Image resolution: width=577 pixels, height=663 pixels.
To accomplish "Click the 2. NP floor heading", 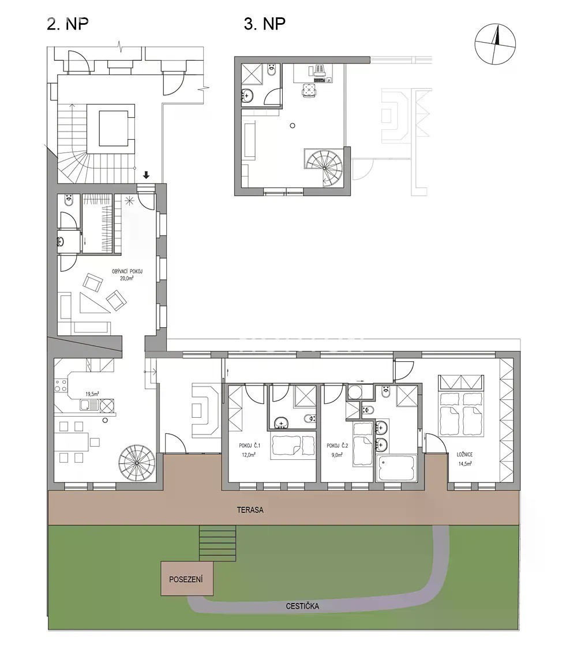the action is (68, 24).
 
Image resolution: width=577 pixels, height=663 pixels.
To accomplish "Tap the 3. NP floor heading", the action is (265, 24).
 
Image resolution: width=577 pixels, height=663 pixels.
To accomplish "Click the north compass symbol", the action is (495, 44).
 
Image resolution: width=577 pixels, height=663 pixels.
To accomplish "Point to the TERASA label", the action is (250, 510).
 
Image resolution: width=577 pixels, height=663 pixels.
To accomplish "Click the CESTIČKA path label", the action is (302, 606).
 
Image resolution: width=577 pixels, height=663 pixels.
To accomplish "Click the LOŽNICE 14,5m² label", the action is (464, 459).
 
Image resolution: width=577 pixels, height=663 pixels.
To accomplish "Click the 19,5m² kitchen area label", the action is (92, 394).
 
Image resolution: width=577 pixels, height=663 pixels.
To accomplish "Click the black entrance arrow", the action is (146, 175).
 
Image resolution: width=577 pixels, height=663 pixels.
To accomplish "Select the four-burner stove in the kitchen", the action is (61, 385).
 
